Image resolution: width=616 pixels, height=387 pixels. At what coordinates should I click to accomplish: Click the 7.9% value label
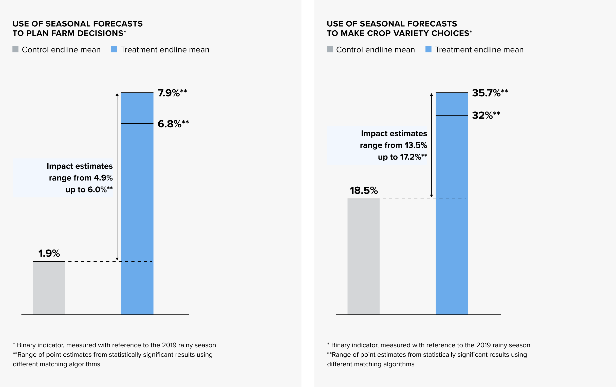(172, 93)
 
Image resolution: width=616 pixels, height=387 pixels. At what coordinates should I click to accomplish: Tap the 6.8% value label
(173, 124)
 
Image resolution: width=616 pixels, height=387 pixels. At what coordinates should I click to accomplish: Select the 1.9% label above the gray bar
(49, 253)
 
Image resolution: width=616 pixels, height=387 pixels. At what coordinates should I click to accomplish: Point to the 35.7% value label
(490, 93)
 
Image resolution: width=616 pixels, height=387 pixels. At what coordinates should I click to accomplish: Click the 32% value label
(486, 115)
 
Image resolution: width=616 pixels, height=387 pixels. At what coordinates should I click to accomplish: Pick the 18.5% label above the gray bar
(364, 190)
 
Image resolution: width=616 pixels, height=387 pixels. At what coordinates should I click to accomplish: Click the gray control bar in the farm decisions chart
(49, 288)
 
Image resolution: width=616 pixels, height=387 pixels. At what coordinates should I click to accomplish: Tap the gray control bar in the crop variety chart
(364, 257)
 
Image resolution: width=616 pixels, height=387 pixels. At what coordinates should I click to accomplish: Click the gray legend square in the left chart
(16, 49)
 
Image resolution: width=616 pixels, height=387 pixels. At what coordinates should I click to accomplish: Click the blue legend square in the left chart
(114, 49)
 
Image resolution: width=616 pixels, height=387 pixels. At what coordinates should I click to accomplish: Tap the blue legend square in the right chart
(428, 49)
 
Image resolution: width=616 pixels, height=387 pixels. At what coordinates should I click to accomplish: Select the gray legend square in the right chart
(330, 49)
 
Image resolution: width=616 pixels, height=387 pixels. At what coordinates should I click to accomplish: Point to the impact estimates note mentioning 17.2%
(394, 145)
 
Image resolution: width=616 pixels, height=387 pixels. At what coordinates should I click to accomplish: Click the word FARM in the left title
(63, 33)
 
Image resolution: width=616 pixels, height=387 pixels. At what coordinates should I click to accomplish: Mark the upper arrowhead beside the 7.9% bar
(117, 94)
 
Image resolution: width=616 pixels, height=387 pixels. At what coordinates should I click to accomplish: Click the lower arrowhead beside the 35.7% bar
(432, 196)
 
